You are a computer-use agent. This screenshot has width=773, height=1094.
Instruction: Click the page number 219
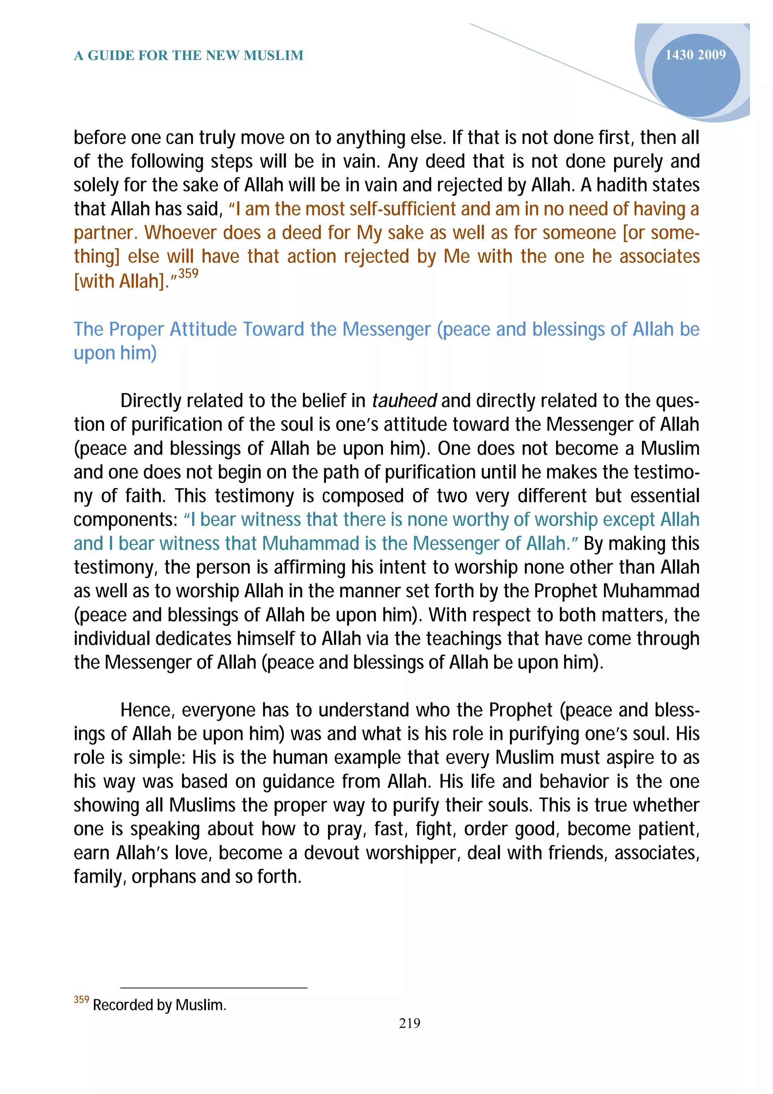409,1023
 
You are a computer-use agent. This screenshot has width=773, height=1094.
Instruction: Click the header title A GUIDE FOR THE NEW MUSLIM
189,56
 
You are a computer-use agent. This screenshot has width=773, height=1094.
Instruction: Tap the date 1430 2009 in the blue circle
695,55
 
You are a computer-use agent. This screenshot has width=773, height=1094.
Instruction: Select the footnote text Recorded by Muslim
159,1005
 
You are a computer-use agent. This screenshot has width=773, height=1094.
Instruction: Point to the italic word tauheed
404,401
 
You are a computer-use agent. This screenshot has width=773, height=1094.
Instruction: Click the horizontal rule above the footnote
214,988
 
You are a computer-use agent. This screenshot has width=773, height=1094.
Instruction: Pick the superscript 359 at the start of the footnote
82,1000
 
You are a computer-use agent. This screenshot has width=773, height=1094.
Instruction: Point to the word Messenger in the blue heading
386,329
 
